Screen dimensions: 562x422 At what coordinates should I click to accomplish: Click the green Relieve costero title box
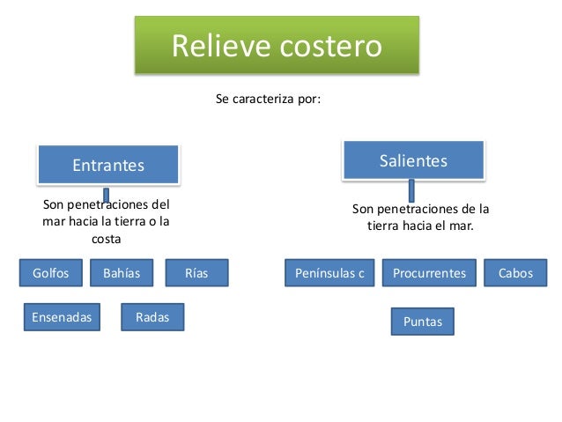click(277, 45)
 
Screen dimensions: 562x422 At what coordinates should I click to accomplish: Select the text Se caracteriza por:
click(269, 100)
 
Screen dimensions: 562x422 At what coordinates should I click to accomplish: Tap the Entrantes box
click(108, 165)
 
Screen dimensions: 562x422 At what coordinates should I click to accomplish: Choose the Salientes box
click(413, 160)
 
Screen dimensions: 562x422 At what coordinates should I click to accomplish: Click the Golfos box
click(50, 273)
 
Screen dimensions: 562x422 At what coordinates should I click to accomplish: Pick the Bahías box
click(122, 273)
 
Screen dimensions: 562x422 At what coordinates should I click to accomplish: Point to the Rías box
click(196, 273)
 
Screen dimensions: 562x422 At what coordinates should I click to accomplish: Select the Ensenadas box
click(62, 317)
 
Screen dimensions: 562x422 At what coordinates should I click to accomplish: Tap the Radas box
click(152, 317)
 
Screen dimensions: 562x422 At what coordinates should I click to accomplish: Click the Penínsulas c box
click(329, 273)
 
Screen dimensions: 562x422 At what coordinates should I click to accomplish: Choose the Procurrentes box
click(429, 273)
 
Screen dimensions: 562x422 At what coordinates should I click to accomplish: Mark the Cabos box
click(515, 273)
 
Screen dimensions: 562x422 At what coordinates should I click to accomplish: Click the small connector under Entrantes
click(106, 195)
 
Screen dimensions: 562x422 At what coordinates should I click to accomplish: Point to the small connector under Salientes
click(410, 189)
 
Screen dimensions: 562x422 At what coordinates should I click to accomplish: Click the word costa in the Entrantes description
click(107, 239)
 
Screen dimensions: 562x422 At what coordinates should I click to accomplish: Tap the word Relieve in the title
click(216, 46)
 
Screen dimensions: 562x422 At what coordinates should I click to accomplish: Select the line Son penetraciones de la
click(420, 210)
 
